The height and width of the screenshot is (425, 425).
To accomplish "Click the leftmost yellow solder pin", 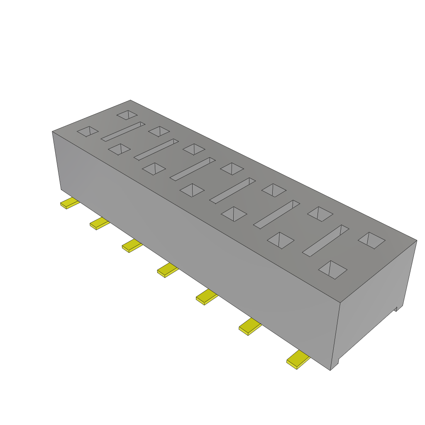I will [69, 203].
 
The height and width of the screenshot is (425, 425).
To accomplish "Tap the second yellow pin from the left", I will [100, 223].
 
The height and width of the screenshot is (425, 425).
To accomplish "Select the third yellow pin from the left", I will [132, 246].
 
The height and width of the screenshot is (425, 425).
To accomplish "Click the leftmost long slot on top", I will [123, 132].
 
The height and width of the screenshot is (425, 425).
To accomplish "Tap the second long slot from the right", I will [276, 214].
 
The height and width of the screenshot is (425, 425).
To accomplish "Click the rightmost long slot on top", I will [325, 240].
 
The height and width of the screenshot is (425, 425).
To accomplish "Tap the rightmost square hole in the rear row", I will [371, 240].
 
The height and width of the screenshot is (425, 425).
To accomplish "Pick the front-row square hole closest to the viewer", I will [332, 269].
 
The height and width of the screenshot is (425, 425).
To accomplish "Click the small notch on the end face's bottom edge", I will [396, 308].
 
